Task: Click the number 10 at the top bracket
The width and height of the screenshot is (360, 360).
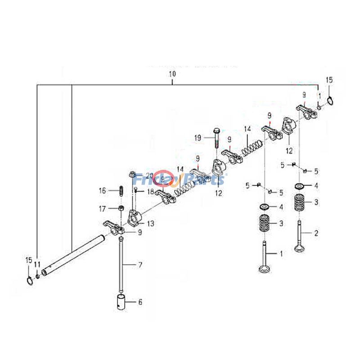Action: pyautogui.click(x=172, y=73)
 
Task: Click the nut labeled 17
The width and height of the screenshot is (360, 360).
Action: pyautogui.click(x=121, y=208)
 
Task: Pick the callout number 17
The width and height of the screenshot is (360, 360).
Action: pyautogui.click(x=102, y=208)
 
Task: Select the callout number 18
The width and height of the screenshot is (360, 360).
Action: pyautogui.click(x=150, y=191)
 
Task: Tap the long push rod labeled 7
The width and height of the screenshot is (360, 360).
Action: pyautogui.click(x=121, y=265)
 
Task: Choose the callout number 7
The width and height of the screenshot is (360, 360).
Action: pyautogui.click(x=140, y=265)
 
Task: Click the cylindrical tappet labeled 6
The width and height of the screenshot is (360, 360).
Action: pyautogui.click(x=121, y=301)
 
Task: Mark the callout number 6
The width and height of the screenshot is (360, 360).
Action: pyautogui.click(x=140, y=302)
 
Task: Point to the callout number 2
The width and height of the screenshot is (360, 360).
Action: pyautogui.click(x=316, y=233)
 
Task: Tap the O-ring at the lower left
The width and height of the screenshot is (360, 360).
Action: pyautogui.click(x=29, y=281)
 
